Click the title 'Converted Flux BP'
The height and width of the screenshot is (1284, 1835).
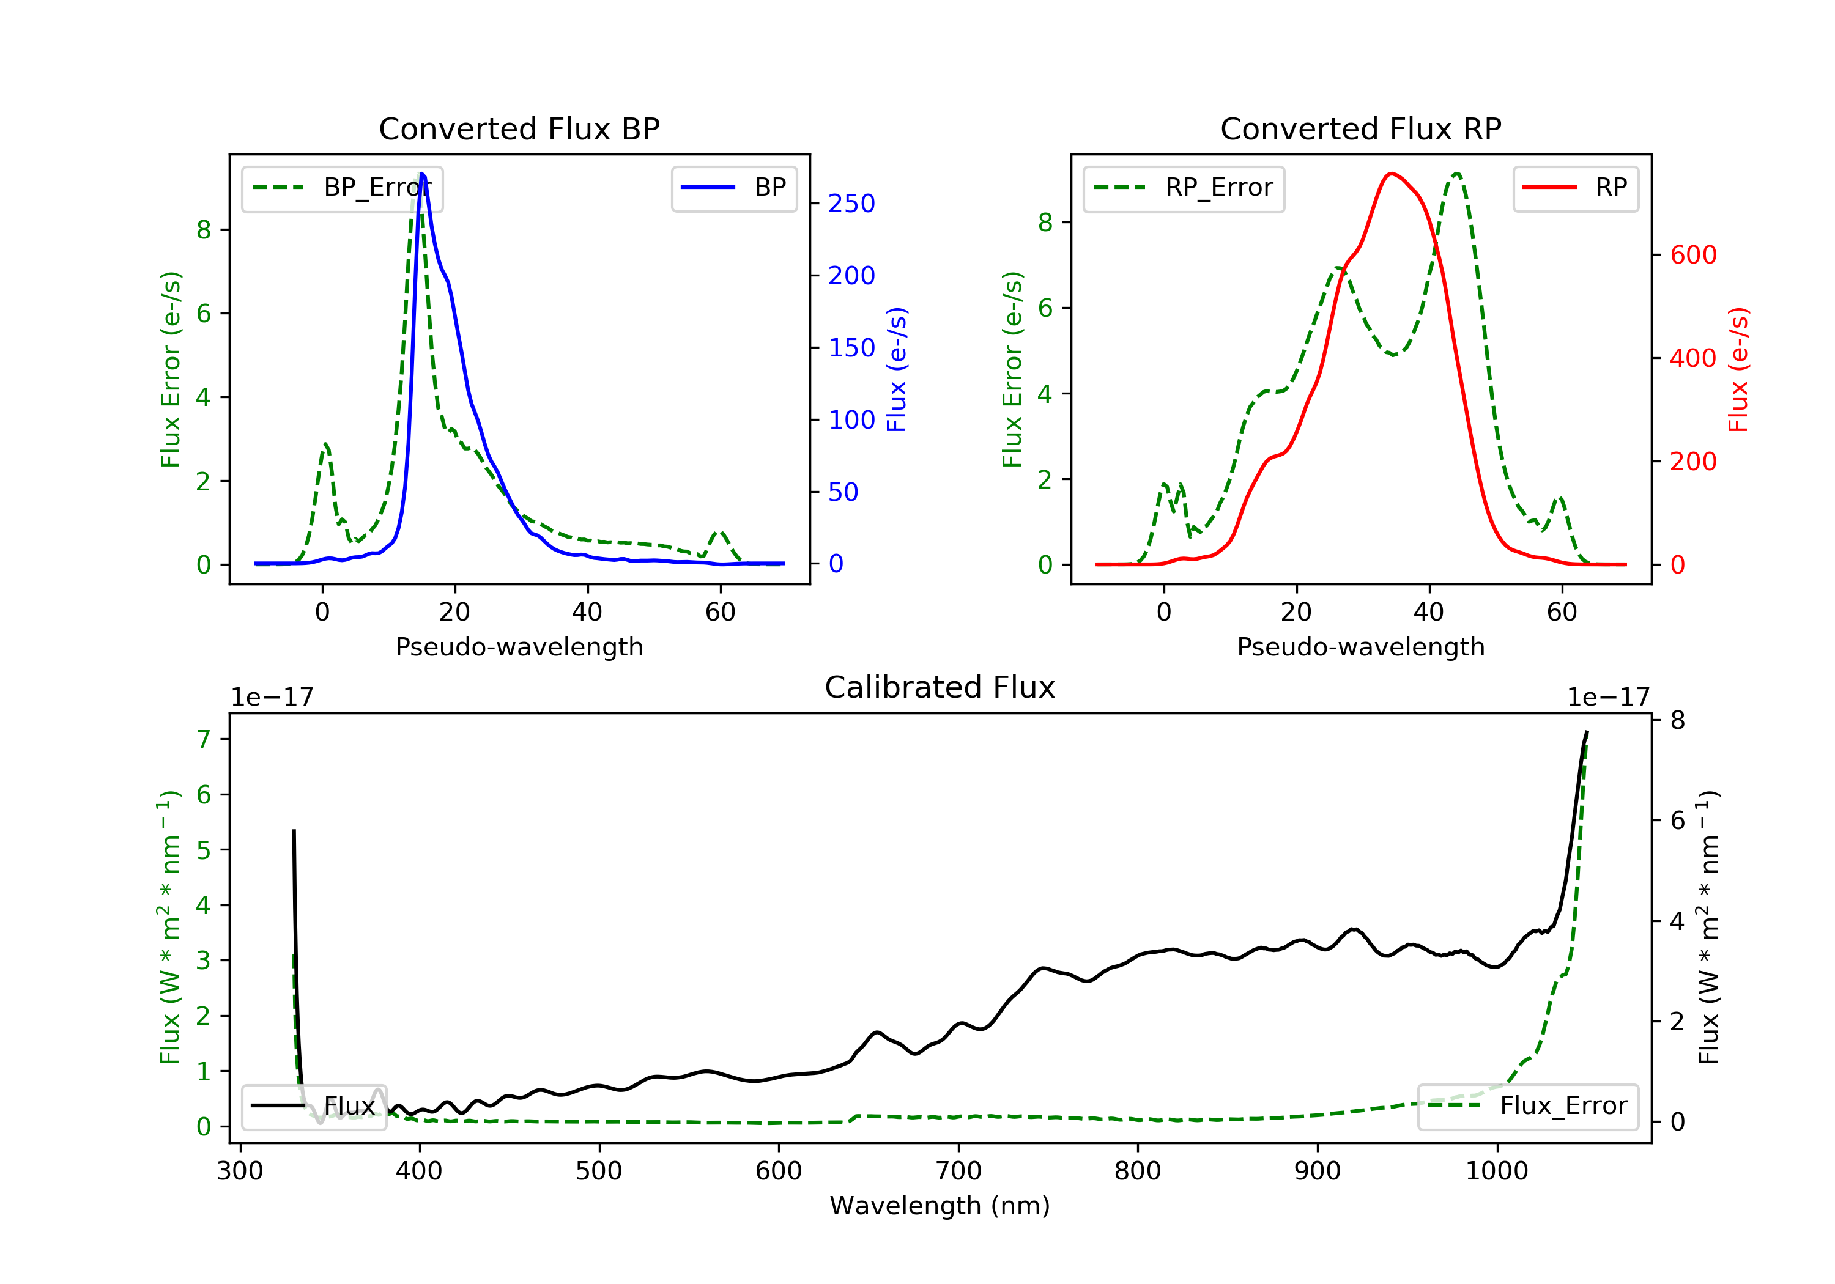(x=519, y=128)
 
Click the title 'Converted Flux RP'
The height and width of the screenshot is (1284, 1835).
(x=1360, y=128)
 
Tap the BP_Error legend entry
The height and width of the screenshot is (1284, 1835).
(x=342, y=188)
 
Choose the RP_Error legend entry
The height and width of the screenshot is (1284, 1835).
(x=1184, y=188)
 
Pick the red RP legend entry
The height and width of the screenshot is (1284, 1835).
(x=1575, y=188)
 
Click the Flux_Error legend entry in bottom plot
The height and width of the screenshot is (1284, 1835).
(x=1527, y=1106)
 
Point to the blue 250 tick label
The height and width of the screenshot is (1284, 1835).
(x=851, y=204)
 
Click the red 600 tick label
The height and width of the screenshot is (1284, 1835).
(x=1692, y=255)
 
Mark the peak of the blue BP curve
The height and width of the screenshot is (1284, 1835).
(x=422, y=174)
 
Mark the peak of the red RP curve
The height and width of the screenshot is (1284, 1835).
(x=1392, y=174)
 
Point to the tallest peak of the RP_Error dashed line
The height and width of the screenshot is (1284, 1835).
(x=1457, y=174)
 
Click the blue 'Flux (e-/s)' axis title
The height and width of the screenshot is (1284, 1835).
(x=897, y=369)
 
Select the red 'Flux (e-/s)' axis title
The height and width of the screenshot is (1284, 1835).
(x=1738, y=369)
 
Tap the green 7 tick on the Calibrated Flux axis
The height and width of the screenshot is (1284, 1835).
(x=204, y=739)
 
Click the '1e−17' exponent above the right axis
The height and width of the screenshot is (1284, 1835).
(x=1608, y=698)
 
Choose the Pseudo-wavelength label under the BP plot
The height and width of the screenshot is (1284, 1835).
(x=519, y=646)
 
